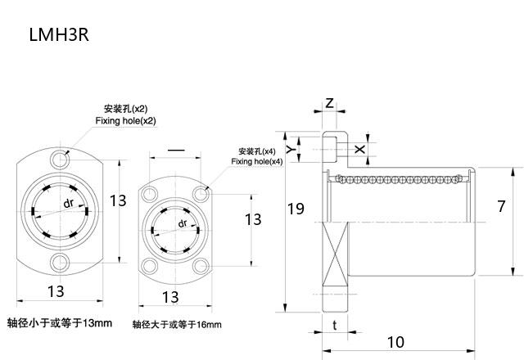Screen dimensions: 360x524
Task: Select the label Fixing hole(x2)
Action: tap(125, 120)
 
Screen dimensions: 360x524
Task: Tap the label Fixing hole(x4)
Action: tap(256, 162)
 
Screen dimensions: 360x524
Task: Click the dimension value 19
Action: tap(296, 209)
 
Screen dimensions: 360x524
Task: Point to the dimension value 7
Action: tap(500, 206)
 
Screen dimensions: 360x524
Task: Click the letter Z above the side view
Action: tap(329, 103)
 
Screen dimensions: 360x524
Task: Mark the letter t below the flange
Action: tap(335, 324)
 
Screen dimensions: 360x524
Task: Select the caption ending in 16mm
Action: tap(177, 324)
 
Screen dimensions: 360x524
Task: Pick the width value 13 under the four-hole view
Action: tap(170, 296)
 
